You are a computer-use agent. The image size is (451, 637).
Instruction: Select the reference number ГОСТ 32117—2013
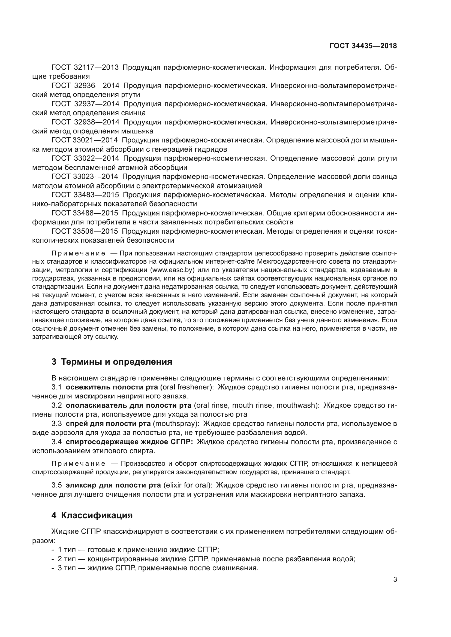tap(85, 68)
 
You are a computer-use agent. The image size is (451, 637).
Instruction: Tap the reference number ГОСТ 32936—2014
tap(85, 86)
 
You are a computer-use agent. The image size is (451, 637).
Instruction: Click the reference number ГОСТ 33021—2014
tap(85, 140)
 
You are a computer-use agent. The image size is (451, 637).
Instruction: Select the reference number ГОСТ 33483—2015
tap(85, 195)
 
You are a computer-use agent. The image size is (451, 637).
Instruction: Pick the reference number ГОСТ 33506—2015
tap(85, 231)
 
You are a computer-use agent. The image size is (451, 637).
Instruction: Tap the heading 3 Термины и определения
tap(112, 362)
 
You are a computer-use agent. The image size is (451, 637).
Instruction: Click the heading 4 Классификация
tap(92, 515)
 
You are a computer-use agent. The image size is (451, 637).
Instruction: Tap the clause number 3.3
tap(56, 424)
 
